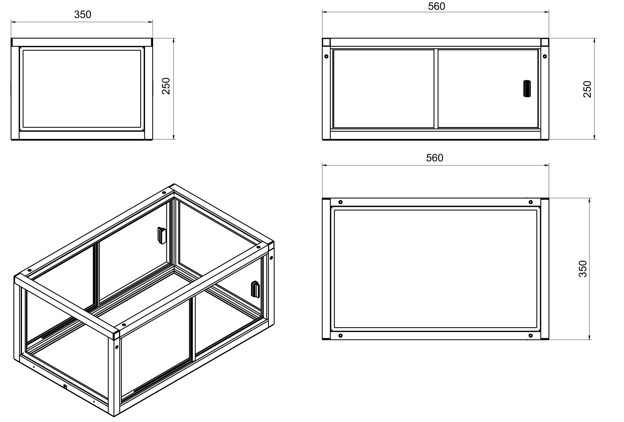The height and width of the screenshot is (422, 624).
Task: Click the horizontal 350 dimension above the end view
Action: [x=83, y=14]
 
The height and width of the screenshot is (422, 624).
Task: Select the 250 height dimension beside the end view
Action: [x=166, y=86]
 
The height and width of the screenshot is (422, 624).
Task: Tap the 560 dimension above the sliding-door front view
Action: [x=437, y=6]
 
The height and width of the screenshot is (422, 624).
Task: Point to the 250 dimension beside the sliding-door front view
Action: [x=587, y=89]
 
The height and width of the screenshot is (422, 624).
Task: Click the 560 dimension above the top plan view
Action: [x=435, y=158]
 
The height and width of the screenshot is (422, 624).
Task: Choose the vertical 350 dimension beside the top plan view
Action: [x=583, y=269]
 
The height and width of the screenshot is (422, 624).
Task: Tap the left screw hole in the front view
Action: [x=326, y=56]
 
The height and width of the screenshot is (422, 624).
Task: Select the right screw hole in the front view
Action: [x=545, y=56]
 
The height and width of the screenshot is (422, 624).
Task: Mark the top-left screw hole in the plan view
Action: [x=340, y=202]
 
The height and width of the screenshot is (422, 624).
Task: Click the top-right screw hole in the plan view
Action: [x=531, y=202]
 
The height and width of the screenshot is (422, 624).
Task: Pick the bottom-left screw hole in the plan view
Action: [x=340, y=336]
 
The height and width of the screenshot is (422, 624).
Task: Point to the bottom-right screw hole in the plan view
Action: [x=531, y=336]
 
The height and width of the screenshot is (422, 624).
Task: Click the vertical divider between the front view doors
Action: [x=436, y=89]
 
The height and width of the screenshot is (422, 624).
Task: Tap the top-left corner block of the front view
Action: [x=326, y=42]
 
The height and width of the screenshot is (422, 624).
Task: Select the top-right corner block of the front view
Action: [x=545, y=42]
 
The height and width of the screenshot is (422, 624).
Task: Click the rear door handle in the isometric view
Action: [x=162, y=235]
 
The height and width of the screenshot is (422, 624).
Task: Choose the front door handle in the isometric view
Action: [x=255, y=289]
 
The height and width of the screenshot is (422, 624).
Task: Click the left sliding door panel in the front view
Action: [x=383, y=89]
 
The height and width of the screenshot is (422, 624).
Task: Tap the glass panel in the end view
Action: [x=82, y=89]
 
